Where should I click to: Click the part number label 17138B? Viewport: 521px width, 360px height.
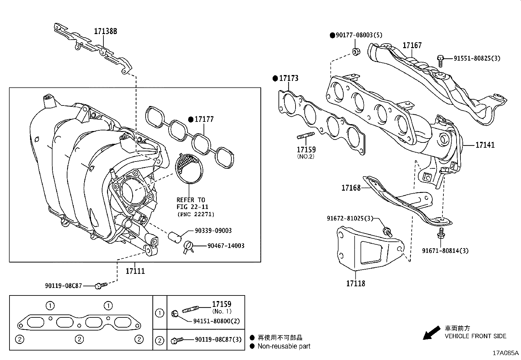pos(105,31)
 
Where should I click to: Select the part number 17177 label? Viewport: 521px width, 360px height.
pos(204,119)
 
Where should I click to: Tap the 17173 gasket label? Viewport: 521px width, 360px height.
pos(288,78)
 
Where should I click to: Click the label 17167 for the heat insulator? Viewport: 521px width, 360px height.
pos(412,46)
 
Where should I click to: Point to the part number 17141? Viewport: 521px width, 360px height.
pos(485,145)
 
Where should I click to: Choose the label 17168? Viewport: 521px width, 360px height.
pos(351,188)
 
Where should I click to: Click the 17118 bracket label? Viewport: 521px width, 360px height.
pos(355,283)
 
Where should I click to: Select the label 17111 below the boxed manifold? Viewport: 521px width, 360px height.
pos(135,271)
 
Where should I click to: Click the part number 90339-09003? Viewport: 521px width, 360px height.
pos(213,231)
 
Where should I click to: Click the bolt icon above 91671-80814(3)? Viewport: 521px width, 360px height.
pos(440,234)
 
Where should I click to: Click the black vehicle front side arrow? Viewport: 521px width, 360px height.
pos(431,332)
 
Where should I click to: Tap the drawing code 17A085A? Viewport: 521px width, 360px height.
pos(506,353)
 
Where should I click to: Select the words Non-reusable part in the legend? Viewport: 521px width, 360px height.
pos(284,346)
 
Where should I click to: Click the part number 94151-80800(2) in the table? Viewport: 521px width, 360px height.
pos(217,321)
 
